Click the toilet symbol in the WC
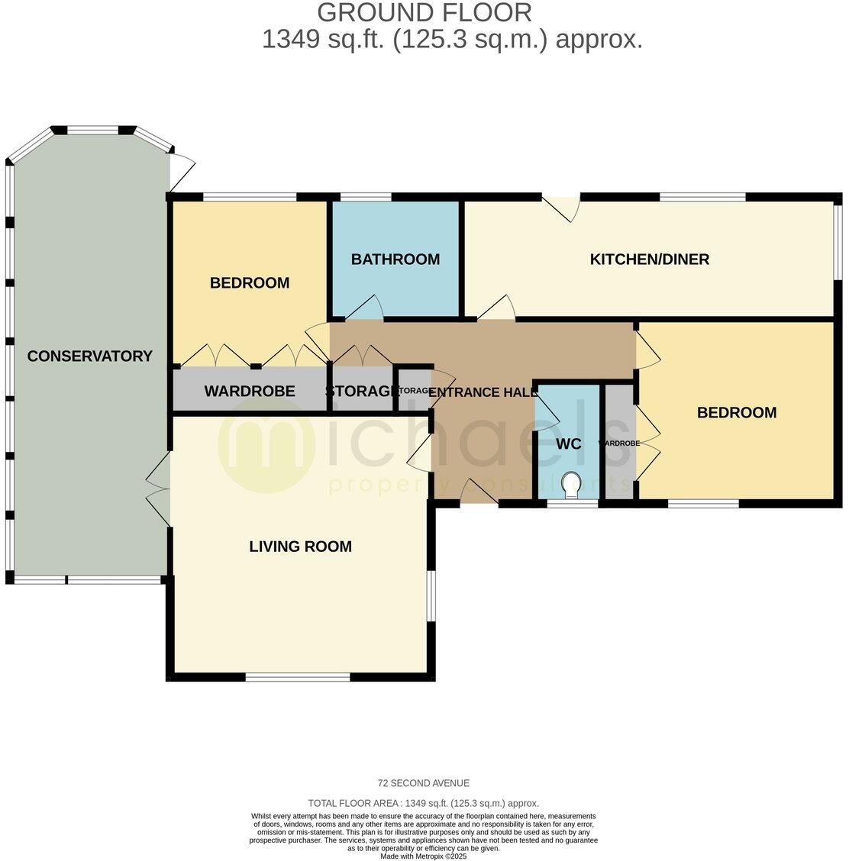[x=570, y=483]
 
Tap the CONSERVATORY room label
[x=89, y=356]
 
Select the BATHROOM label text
[x=395, y=260]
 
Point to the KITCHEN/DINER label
[x=649, y=260]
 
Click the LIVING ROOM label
[x=300, y=547]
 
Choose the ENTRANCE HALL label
[x=483, y=392]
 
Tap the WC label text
[x=569, y=444]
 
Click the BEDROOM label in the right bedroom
[x=736, y=413]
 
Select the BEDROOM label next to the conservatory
[x=250, y=283]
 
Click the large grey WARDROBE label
[x=249, y=392]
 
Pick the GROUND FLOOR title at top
[x=424, y=12]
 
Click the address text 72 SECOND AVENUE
[x=424, y=783]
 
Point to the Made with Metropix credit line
[x=424, y=856]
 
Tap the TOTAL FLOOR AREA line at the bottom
[x=424, y=803]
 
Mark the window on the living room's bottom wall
[x=298, y=676]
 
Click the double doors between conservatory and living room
[x=159, y=489]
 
